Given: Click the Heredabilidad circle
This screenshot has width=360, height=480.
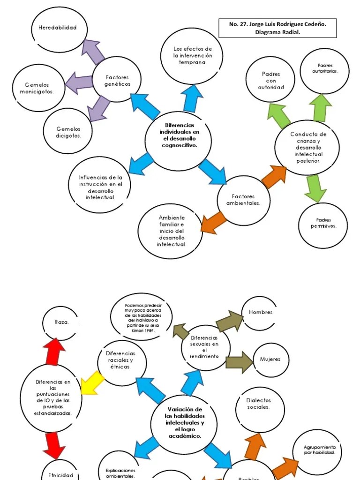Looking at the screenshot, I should click(57, 28).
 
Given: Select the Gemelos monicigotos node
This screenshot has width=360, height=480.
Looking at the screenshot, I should click(37, 88).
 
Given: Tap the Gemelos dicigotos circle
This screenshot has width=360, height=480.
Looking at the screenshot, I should click(68, 132).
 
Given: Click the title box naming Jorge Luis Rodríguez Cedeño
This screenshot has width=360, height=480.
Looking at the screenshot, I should click(277, 28).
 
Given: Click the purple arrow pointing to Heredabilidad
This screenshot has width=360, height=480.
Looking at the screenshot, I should click(94, 51).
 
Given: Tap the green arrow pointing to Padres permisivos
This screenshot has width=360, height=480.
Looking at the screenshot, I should click(315, 188).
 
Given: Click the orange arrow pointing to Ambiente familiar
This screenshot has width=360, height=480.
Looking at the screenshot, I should click(214, 221).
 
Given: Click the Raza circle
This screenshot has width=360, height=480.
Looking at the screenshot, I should click(61, 322).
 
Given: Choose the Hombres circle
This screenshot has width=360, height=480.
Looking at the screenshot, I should click(261, 313).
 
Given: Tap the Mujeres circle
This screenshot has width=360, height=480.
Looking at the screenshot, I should click(270, 360).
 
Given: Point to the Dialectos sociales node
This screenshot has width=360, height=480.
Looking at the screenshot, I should click(259, 404).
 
